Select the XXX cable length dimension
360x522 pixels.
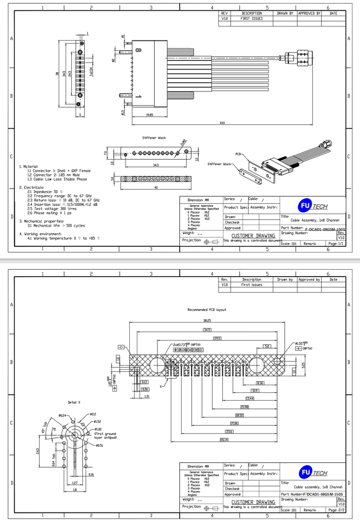coord(222,123)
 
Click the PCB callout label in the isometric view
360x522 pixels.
coord(238,154)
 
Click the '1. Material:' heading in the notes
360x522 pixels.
coord(29,167)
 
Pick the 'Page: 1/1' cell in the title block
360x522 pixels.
coord(335,243)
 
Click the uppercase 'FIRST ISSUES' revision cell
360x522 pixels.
coord(251,18)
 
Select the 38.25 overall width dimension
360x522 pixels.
coord(207,321)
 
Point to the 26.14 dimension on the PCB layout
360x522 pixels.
coord(224,439)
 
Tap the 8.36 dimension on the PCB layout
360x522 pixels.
coord(260,383)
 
